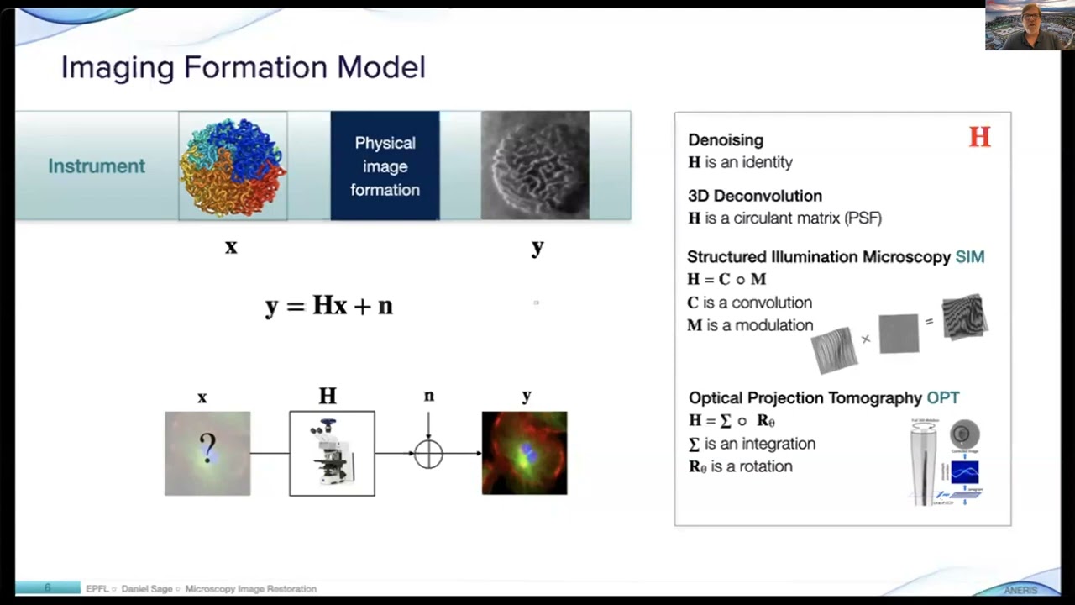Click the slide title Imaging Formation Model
point(243,67)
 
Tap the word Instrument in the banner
point(96,166)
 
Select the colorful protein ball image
point(233,166)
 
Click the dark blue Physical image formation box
point(385,166)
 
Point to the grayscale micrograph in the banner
point(535,166)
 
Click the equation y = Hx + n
point(329,305)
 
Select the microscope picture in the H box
point(332,454)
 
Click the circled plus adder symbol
point(428,454)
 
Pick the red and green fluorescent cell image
point(524,453)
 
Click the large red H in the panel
point(979,138)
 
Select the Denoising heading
point(726,140)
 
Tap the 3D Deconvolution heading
point(754,196)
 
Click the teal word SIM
point(969,257)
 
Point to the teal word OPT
point(942,397)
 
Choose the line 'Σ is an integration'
point(752,444)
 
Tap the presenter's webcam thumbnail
point(1028,26)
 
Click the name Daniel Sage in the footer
point(148,589)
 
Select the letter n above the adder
point(428,396)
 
